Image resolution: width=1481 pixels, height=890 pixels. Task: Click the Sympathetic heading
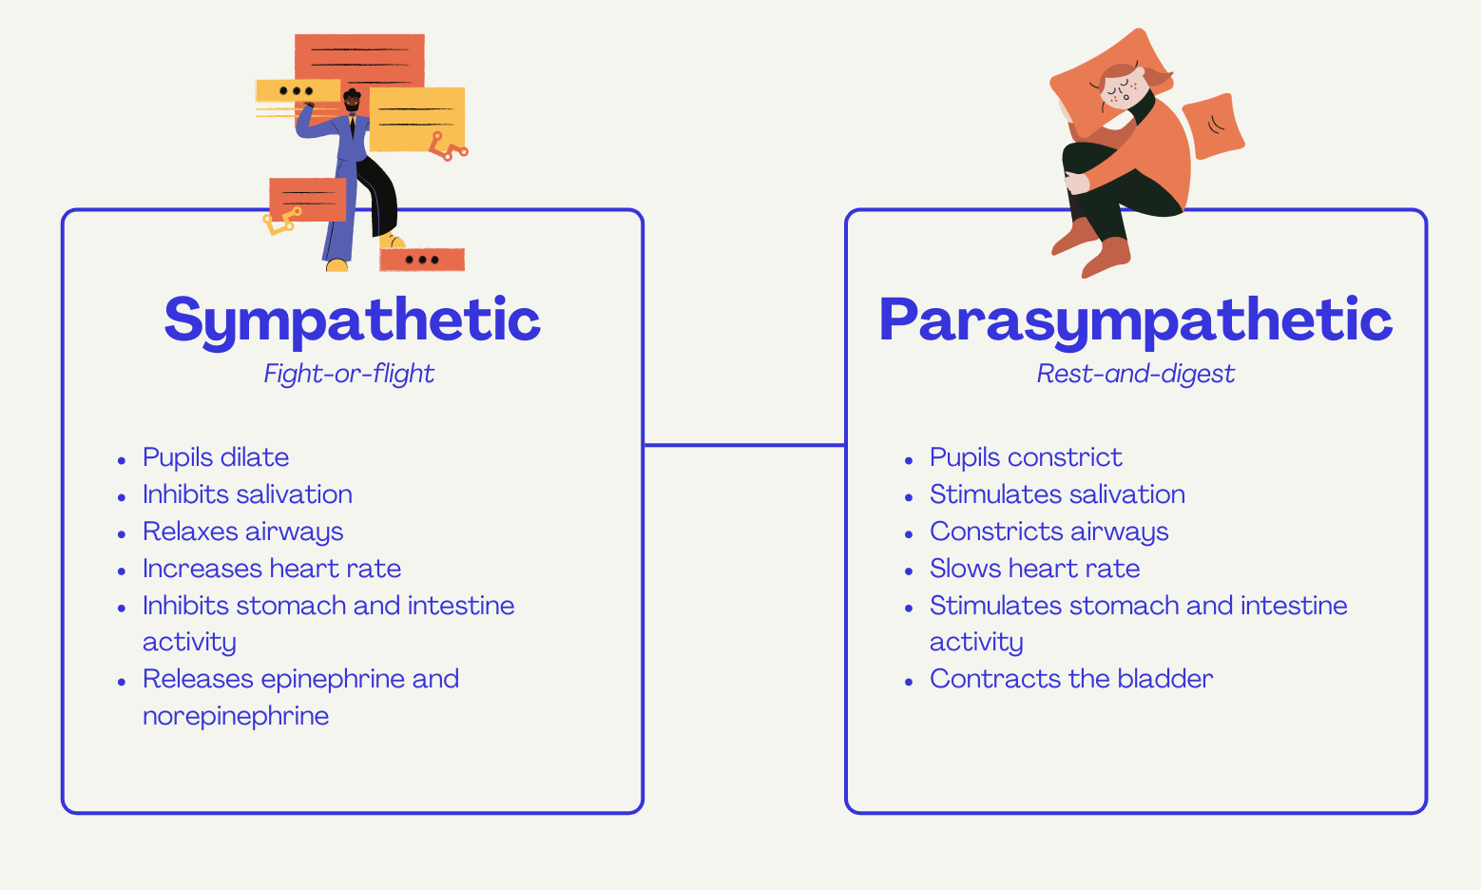tap(353, 320)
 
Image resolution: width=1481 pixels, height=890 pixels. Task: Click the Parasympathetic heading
tap(1135, 320)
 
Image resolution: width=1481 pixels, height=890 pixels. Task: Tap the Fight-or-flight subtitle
tap(349, 374)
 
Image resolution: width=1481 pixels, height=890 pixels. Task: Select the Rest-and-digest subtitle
tap(1135, 374)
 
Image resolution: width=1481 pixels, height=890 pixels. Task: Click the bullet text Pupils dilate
tap(216, 457)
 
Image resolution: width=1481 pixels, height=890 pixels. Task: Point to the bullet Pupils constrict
tap(1026, 457)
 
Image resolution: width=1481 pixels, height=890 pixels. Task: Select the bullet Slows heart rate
tap(1035, 569)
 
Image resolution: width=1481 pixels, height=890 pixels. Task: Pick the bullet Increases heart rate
tap(272, 569)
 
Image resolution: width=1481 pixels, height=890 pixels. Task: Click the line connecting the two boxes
tap(744, 445)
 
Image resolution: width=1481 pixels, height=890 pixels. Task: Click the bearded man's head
tap(352, 101)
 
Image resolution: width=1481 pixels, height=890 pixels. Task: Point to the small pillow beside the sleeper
tap(1213, 126)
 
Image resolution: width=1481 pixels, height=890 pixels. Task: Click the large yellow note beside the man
tap(416, 119)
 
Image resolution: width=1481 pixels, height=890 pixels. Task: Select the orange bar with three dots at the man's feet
tap(422, 260)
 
